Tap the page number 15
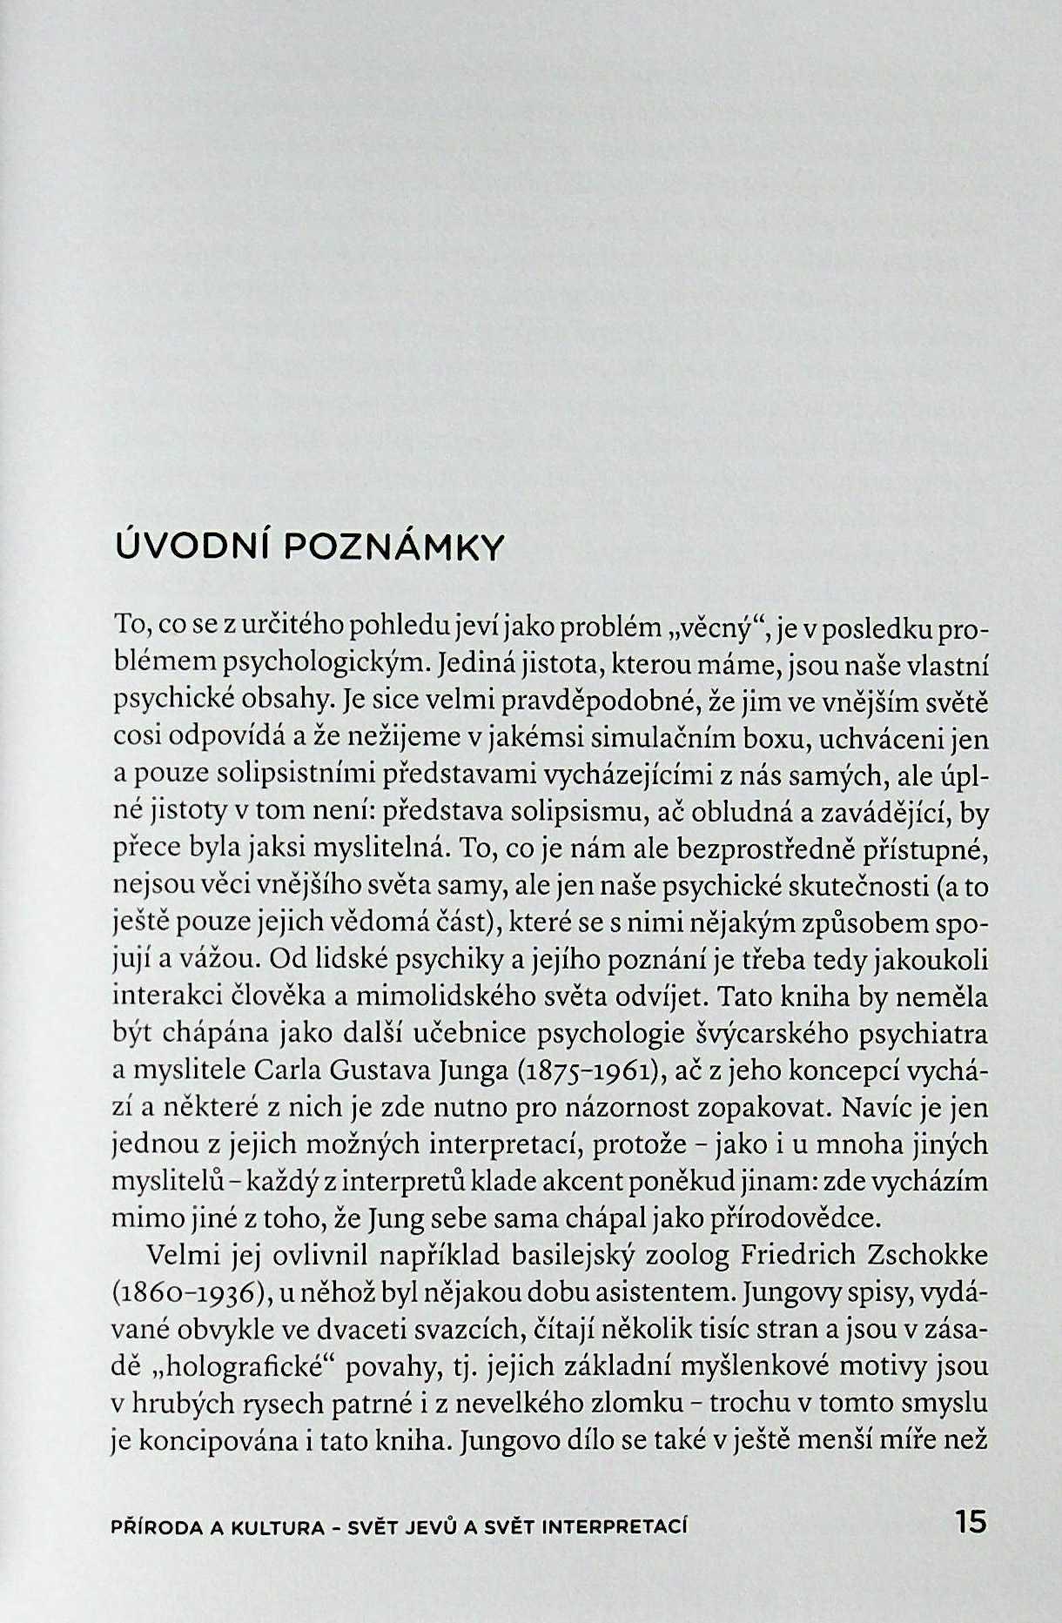pyautogui.click(x=971, y=1522)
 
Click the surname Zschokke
pyautogui.click(x=923, y=1256)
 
